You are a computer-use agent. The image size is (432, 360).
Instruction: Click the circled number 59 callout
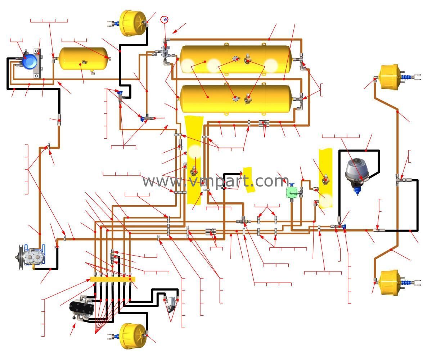click(x=165, y=19)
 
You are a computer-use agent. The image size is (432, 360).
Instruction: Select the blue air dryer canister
click(x=28, y=61)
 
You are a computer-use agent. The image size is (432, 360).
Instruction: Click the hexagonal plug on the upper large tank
click(x=235, y=58)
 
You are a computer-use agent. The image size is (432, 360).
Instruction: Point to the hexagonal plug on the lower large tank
click(x=235, y=98)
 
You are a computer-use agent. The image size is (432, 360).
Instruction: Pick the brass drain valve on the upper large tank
click(x=248, y=59)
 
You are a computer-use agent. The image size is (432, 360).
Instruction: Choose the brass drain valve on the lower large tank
click(x=248, y=99)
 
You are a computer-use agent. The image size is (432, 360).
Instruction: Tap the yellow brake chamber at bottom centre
click(x=132, y=336)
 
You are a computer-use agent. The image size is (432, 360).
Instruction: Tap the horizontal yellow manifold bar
click(x=112, y=279)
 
